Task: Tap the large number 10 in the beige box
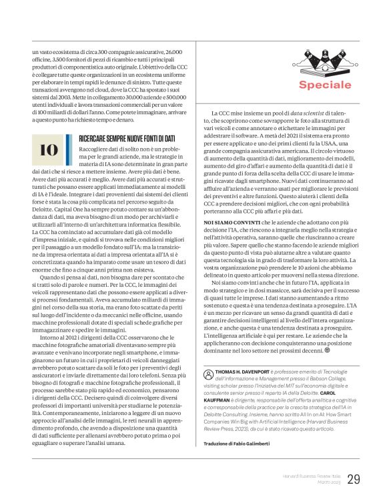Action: click(x=49, y=150)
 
